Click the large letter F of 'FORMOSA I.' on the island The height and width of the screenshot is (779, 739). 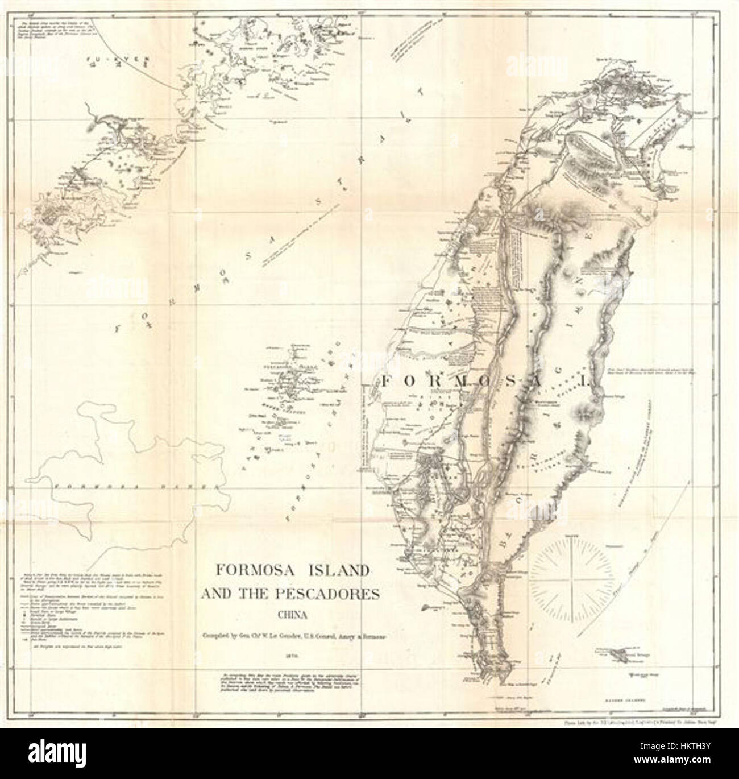click(388, 380)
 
